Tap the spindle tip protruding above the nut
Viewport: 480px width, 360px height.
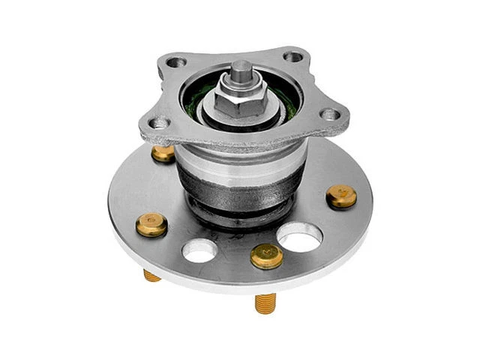pos(239,71)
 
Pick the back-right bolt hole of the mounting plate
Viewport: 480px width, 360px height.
pos(293,56)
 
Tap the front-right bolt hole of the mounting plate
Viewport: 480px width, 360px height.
pos(328,115)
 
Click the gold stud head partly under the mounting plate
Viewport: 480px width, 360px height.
pos(163,153)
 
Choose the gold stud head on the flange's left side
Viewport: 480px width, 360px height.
pos(151,223)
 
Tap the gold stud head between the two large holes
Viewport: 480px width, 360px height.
pos(266,255)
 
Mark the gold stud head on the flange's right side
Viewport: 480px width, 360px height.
pos(341,196)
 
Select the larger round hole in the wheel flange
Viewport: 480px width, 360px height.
pos(300,238)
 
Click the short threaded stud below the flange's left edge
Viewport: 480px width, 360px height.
pos(152,274)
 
